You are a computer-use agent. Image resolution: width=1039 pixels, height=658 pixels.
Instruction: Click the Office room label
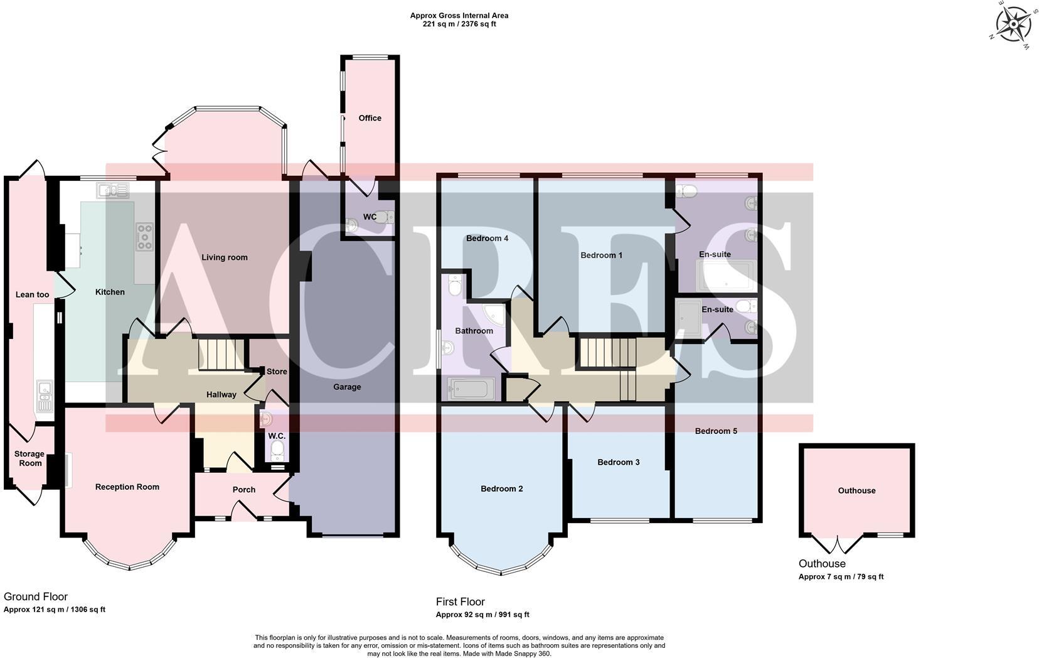(370, 118)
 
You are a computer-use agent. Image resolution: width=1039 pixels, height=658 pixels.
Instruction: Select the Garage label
(347, 387)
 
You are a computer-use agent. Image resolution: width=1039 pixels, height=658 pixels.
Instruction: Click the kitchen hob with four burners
(144, 237)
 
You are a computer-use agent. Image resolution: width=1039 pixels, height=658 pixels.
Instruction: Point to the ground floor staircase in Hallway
(220, 355)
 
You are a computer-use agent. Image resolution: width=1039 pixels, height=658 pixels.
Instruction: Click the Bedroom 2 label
(501, 489)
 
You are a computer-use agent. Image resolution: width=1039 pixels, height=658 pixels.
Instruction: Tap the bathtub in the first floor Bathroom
(472, 389)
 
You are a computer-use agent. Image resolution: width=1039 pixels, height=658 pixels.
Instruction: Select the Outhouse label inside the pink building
(856, 491)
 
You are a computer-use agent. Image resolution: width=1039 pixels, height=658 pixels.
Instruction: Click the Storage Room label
(29, 459)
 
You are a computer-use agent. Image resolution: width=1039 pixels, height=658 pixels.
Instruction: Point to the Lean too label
(32, 295)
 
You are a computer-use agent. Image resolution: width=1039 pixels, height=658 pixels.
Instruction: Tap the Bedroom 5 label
(716, 431)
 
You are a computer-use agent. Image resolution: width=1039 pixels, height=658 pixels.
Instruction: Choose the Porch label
(244, 490)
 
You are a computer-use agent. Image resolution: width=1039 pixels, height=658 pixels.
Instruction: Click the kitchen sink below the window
(113, 190)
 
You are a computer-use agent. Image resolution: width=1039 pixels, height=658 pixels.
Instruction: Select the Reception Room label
(127, 487)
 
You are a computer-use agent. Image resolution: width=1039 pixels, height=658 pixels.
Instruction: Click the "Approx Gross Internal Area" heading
(459, 16)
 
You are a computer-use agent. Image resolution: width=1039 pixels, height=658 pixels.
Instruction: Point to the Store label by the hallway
(277, 372)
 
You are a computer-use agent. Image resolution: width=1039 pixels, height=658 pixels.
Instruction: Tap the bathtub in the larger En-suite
(725, 277)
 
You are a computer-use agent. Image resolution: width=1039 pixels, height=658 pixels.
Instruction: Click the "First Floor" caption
(460, 602)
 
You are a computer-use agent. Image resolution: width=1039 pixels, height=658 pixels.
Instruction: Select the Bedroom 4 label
(487, 239)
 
